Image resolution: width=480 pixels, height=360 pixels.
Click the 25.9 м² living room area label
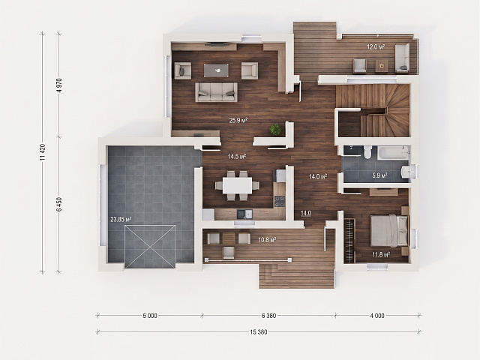(238, 120)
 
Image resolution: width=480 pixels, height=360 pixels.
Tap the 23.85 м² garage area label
(121, 219)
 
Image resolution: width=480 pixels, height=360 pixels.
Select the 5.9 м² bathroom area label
(379, 175)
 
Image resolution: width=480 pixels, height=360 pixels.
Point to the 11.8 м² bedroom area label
(381, 254)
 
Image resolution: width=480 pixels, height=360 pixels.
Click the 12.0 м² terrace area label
(376, 46)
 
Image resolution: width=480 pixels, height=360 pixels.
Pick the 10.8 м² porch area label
(267, 240)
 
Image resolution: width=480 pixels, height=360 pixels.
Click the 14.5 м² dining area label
(237, 157)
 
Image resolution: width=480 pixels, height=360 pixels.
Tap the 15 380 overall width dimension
(259, 331)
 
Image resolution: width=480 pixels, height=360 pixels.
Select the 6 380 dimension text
(268, 316)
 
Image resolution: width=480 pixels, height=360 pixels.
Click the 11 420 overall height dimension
(43, 152)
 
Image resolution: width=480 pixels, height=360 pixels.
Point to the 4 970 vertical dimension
(59, 85)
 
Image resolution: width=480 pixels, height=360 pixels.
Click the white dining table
(237, 185)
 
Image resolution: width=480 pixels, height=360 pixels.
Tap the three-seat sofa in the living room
(217, 91)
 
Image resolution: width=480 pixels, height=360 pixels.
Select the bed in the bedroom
(389, 230)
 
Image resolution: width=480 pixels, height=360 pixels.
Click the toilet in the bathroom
(367, 151)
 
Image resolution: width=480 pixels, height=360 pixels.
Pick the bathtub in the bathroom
(393, 152)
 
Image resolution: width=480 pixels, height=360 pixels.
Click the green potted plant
(275, 130)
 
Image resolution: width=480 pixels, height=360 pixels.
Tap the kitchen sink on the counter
(244, 214)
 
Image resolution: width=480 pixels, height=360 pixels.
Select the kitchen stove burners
(280, 201)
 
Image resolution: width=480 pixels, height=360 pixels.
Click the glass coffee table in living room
(217, 70)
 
